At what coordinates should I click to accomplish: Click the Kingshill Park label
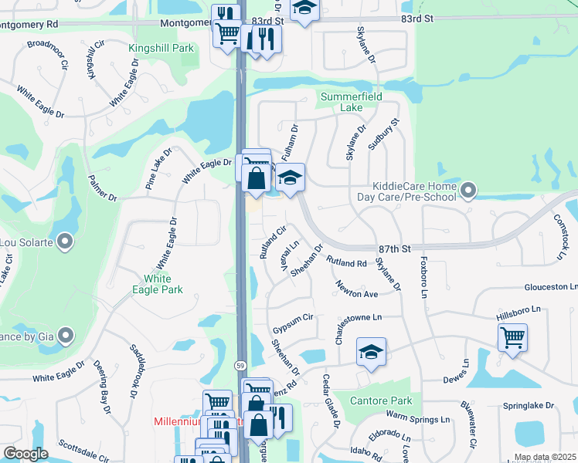[161, 48]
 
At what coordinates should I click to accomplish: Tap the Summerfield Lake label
[352, 101]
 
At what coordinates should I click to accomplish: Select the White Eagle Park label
[163, 283]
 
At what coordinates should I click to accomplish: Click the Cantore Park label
[381, 400]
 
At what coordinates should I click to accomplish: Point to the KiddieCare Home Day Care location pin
[467, 189]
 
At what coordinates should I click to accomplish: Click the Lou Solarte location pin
[65, 242]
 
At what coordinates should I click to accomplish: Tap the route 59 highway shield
[242, 363]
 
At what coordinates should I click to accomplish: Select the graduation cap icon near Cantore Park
[371, 353]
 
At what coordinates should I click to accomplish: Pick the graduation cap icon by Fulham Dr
[290, 178]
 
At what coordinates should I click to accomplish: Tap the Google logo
[25, 454]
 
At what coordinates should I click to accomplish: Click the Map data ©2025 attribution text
[544, 457]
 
